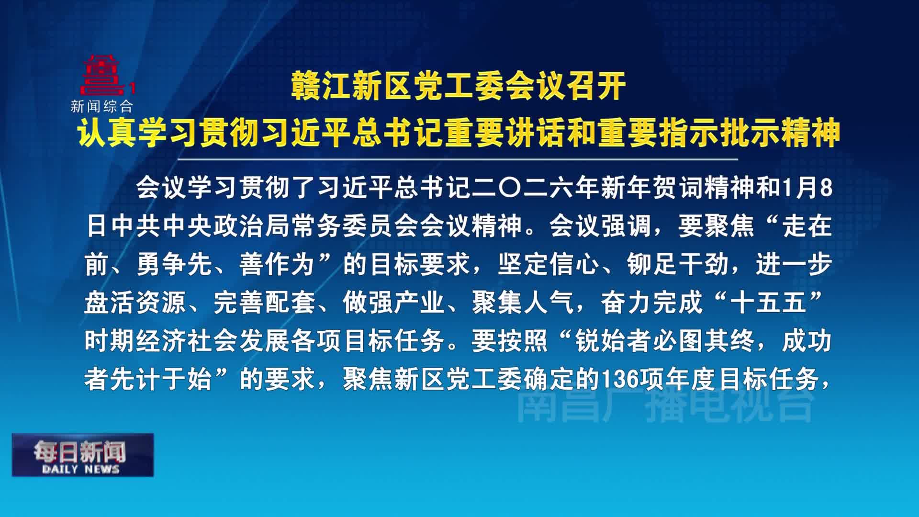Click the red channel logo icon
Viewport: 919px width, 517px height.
pyautogui.click(x=101, y=76)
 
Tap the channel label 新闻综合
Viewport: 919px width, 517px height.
pyautogui.click(x=101, y=106)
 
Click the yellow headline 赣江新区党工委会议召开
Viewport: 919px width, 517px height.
pyautogui.click(x=459, y=86)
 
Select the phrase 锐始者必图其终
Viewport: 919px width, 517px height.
pyautogui.click(x=665, y=341)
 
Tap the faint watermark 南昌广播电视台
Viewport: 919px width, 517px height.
pyautogui.click(x=665, y=406)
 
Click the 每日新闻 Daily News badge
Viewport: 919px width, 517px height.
pyautogui.click(x=82, y=455)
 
